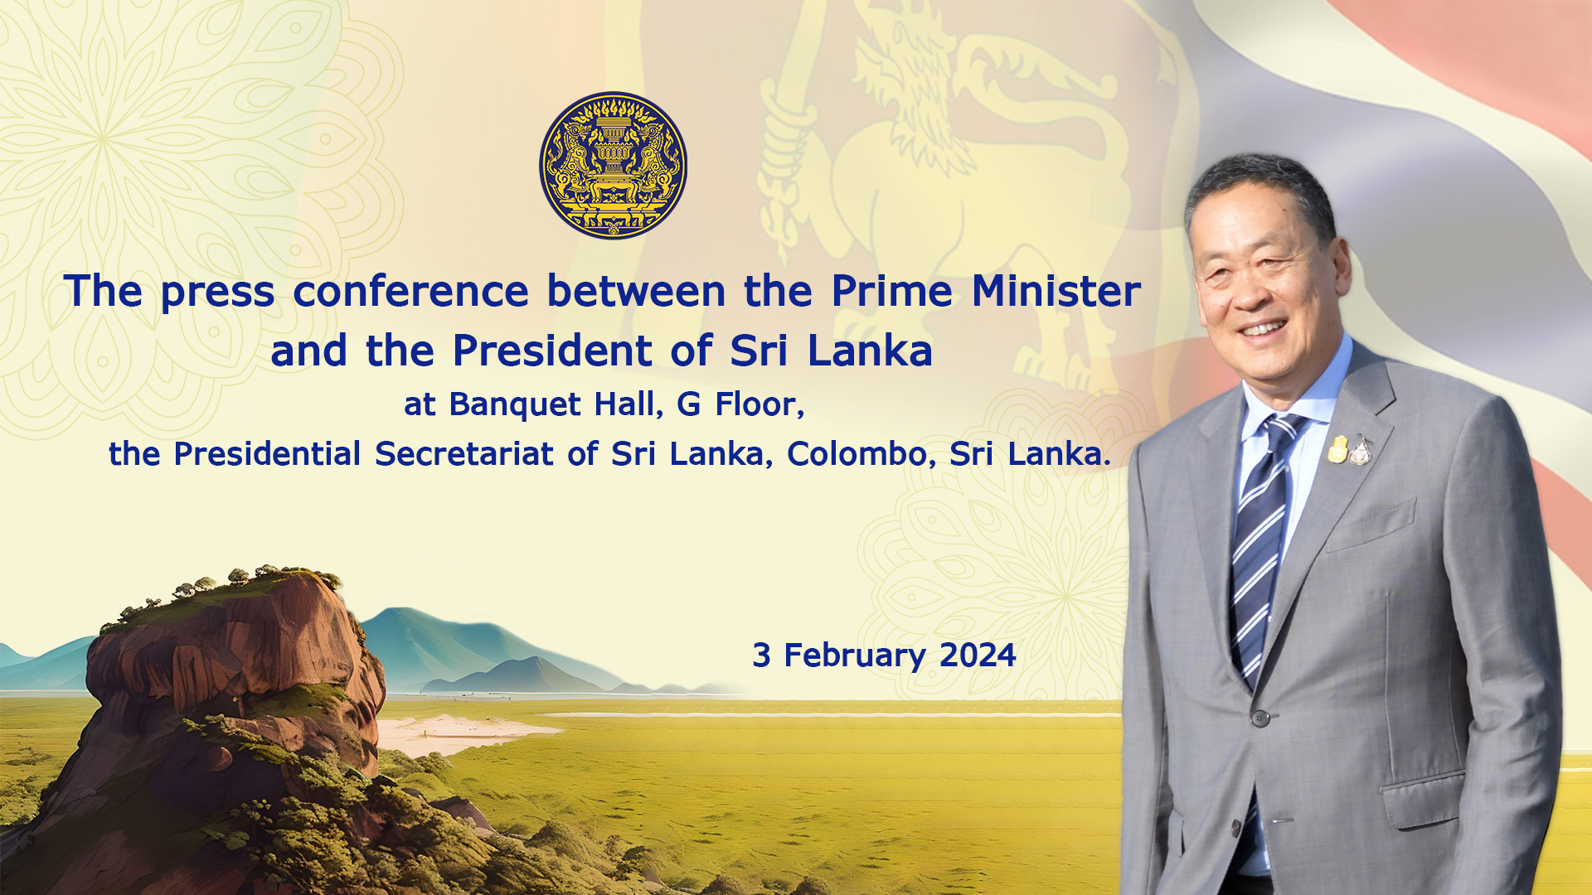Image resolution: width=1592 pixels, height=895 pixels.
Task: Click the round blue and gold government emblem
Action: click(x=614, y=165)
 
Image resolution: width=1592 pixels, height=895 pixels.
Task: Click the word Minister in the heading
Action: click(x=1056, y=291)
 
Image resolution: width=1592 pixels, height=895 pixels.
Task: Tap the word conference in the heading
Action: click(x=410, y=292)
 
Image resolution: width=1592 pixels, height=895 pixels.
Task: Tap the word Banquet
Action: click(x=515, y=405)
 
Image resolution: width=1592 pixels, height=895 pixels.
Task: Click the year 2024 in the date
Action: click(x=978, y=656)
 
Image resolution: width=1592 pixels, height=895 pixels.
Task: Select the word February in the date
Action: click(x=855, y=656)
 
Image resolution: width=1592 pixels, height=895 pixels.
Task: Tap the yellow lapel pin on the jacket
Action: click(x=1337, y=448)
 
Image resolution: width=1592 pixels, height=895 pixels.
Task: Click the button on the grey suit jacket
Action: click(x=1260, y=718)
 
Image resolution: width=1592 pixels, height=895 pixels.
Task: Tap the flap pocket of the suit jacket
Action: click(x=1422, y=800)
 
